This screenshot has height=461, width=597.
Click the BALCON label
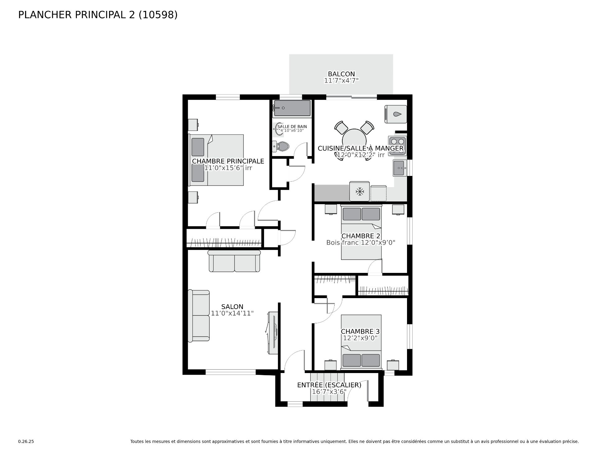point(341,74)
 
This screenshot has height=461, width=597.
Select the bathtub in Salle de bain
point(292,108)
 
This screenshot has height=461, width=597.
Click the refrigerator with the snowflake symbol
point(360,191)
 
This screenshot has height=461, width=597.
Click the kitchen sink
point(400,168)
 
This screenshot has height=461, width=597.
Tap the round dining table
point(354,140)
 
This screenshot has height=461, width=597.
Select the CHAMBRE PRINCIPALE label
point(228,161)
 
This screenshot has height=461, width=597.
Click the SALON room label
point(232,307)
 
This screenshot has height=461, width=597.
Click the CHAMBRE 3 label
point(360,332)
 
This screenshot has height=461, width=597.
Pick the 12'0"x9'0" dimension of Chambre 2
point(378,242)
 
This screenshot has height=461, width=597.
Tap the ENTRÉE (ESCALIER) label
point(329,385)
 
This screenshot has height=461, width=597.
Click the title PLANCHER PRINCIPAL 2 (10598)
point(98,15)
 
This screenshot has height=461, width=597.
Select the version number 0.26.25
point(26,441)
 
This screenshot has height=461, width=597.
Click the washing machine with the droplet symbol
point(396,114)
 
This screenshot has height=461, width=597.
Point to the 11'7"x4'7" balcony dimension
point(341,81)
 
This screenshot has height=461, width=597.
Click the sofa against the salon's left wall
point(199,316)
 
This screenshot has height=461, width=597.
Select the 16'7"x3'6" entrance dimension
point(329,392)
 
